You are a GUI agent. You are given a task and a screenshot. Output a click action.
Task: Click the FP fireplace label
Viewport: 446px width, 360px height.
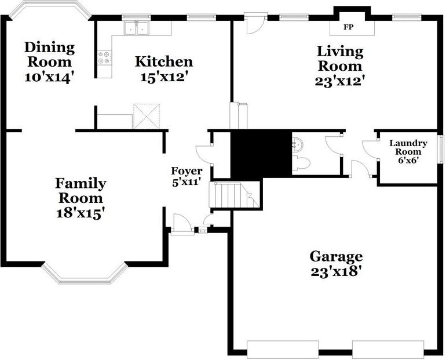point(349,27)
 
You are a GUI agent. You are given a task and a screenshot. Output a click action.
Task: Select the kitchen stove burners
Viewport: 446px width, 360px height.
point(105,58)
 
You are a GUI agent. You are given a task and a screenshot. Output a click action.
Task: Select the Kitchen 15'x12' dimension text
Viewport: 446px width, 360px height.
point(164,77)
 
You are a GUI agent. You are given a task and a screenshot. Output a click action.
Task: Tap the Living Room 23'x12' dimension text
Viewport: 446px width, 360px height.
point(339,81)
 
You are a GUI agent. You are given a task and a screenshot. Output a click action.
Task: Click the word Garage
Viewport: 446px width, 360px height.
point(336,256)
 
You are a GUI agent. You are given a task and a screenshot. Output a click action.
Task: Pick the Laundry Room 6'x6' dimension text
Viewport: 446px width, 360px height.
point(408,160)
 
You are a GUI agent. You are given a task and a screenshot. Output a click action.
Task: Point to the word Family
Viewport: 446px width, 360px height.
point(81,184)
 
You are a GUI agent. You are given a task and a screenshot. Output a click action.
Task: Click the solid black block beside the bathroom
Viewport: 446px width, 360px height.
point(261,154)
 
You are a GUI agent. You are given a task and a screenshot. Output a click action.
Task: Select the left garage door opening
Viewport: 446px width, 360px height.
point(283,349)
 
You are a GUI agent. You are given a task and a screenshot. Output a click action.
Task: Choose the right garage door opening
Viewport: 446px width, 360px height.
point(388,349)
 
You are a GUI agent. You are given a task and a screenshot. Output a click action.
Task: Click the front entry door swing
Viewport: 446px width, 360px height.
point(181,224)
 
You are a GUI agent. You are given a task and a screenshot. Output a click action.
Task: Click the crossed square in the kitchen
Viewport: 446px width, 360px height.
point(146,117)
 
